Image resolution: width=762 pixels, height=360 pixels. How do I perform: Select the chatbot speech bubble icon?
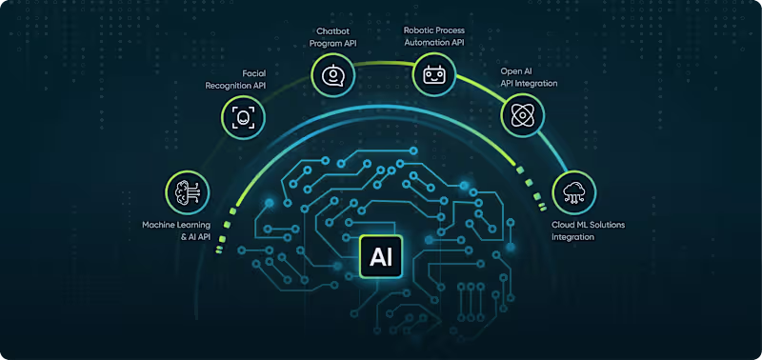tap(332, 74)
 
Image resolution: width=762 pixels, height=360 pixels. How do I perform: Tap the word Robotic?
tap(422, 30)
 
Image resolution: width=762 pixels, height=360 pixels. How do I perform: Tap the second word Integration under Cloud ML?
tap(573, 237)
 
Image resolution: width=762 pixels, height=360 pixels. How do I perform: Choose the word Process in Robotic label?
tap(464, 30)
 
